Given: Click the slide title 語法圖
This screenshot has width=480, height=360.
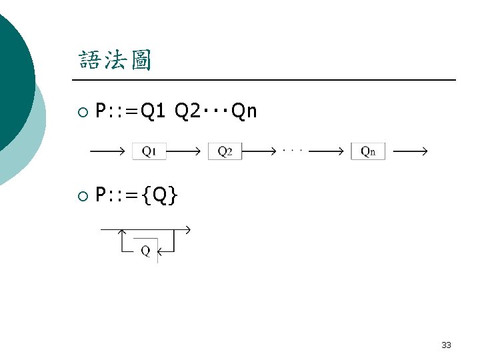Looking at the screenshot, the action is pos(115,61).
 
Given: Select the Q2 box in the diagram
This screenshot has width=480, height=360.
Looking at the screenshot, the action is pos(225,151).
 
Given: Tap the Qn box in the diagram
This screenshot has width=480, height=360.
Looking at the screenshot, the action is pos(368,151).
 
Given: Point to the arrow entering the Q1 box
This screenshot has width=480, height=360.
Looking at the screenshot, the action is pos(107,151).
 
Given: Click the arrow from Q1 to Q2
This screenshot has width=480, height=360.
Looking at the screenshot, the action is pos(183,151).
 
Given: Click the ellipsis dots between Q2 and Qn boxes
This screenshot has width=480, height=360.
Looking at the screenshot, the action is pos(293,150).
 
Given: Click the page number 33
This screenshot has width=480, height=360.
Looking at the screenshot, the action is pos(446,345).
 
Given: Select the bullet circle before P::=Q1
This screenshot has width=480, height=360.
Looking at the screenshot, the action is pos(82,112).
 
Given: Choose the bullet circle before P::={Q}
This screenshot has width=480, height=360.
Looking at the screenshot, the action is pos(82,195).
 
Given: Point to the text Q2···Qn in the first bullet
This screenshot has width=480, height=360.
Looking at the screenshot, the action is pos(215,111).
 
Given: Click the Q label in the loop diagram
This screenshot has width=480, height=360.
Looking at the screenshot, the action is pos(145,251).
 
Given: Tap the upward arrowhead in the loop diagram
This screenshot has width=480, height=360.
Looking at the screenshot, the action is pos(123,233).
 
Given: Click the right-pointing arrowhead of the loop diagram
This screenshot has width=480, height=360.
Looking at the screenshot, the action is pos(187,230).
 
